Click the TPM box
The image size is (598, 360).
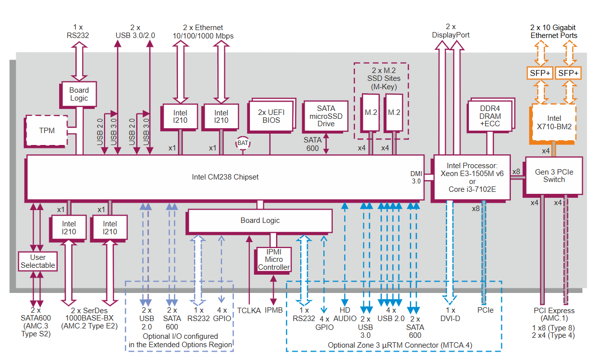47,131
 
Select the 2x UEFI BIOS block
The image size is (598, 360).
271,116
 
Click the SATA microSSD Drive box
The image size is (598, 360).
325,116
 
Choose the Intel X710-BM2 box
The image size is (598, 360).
553,122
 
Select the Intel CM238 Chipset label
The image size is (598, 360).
225,177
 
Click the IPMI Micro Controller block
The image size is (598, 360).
274,259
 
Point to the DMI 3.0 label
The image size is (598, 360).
416,177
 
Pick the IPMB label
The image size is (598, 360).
274,311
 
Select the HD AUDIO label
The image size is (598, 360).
345,315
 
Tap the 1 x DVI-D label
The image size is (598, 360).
450,315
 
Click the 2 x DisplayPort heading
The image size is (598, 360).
451,31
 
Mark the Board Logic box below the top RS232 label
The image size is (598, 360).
79,94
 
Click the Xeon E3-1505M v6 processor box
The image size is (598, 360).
471,177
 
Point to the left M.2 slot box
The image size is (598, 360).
371,112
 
